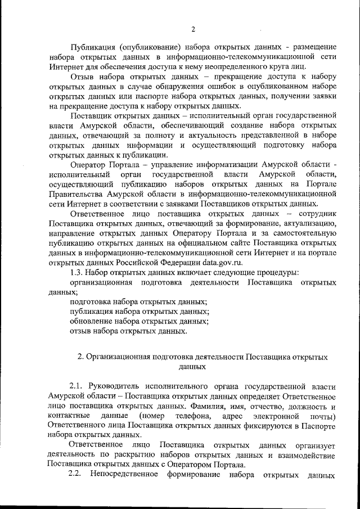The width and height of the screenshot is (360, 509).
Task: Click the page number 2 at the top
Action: tap(193, 29)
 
